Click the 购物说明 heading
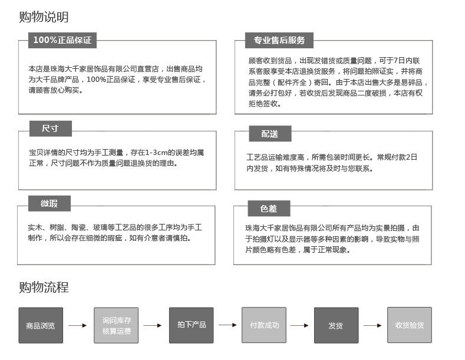[x=44, y=17]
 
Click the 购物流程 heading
[x=44, y=287]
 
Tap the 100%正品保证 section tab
[x=62, y=40]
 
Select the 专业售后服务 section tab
[x=279, y=40]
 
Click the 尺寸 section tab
[x=51, y=128]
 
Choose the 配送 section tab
[x=270, y=134]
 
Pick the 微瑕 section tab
[x=50, y=203]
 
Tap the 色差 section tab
[x=269, y=209]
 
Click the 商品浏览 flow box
[x=41, y=325]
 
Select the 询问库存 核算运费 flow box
[x=116, y=325]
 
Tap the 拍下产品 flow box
[x=192, y=325]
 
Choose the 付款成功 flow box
[x=264, y=325]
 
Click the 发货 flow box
[x=337, y=325]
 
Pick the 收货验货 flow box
[x=410, y=325]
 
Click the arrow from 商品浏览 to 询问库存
[x=77, y=325]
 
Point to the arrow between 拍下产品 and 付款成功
[x=227, y=325]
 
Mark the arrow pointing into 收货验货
[x=372, y=325]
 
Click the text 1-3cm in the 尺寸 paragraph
[x=156, y=153]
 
